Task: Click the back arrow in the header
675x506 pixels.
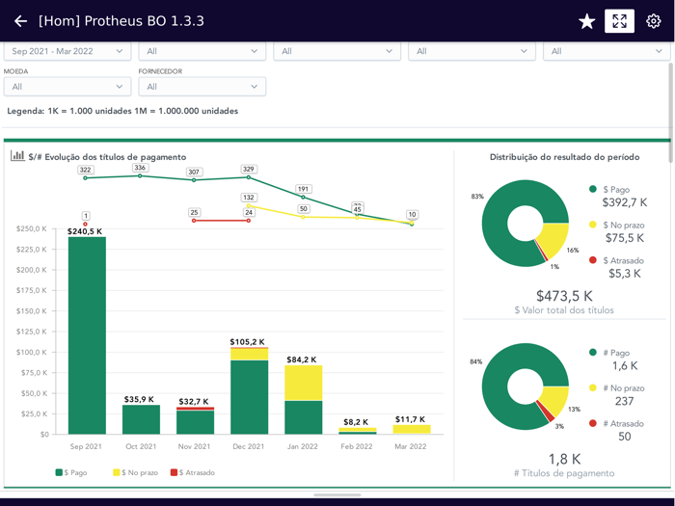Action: [20, 21]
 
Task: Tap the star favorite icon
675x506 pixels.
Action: [586, 21]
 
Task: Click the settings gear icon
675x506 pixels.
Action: [654, 21]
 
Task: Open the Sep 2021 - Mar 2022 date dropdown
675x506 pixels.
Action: [67, 51]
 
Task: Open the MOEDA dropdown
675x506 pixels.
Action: [67, 87]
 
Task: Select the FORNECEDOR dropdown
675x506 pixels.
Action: [202, 87]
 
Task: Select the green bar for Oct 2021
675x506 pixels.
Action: [141, 419]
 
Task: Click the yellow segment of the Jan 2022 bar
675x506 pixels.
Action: [304, 383]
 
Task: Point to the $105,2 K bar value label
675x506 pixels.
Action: [249, 342]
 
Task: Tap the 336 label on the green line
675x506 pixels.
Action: [140, 168]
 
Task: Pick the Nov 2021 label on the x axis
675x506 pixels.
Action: [195, 447]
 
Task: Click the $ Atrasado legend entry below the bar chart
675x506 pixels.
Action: [193, 472]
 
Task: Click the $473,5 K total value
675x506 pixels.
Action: [564, 296]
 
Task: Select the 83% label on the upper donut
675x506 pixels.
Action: [477, 197]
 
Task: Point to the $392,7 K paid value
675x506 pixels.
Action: [626, 203]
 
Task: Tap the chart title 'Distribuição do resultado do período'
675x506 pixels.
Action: [564, 157]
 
